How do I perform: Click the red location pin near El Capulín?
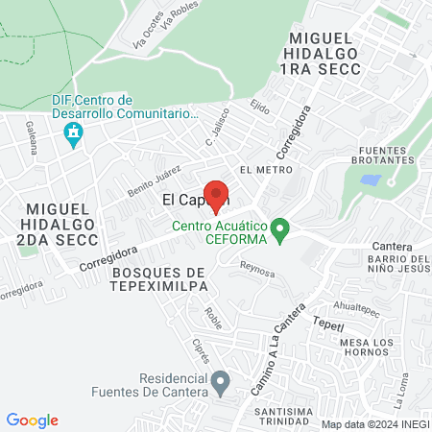(x=218, y=195)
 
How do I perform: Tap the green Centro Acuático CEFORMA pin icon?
(x=280, y=229)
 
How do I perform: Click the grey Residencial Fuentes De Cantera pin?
(x=220, y=383)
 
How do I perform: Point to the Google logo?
(x=32, y=420)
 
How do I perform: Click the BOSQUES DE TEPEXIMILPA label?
(x=165, y=278)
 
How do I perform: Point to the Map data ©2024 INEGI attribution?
(x=373, y=423)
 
